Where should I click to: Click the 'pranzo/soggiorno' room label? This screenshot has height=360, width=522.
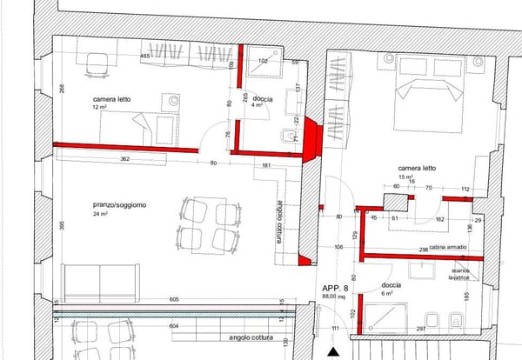point(120,205)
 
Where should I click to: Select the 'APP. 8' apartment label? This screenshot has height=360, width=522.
point(334,288)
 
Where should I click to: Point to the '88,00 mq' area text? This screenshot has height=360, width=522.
point(334,297)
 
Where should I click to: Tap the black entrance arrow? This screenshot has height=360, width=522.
point(334,351)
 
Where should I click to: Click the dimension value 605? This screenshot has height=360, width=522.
point(174,299)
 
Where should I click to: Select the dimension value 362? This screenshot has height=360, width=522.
point(125,159)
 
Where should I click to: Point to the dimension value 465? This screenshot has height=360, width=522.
point(146,57)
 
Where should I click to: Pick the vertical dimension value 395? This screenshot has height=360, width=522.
point(62,226)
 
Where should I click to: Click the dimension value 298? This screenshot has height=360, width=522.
point(423,249)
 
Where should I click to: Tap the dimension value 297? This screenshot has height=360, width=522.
point(420,329)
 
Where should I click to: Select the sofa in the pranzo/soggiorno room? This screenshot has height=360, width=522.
point(101,281)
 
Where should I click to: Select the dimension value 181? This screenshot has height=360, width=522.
point(266,165)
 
